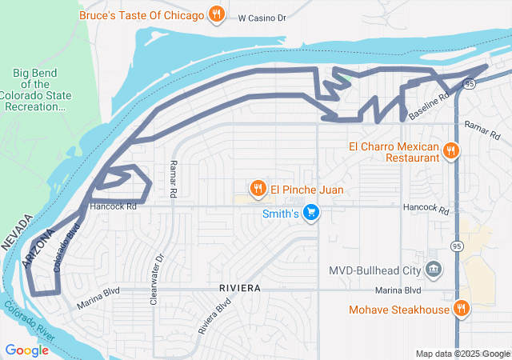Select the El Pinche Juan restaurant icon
(x=257, y=189)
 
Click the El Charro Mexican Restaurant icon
(x=450, y=150)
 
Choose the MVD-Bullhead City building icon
(x=434, y=269)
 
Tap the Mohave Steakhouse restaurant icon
(x=462, y=309)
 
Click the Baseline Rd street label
(x=428, y=106)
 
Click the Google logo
(x=26, y=350)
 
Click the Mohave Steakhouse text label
(x=400, y=310)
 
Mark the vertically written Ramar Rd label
(x=172, y=178)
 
